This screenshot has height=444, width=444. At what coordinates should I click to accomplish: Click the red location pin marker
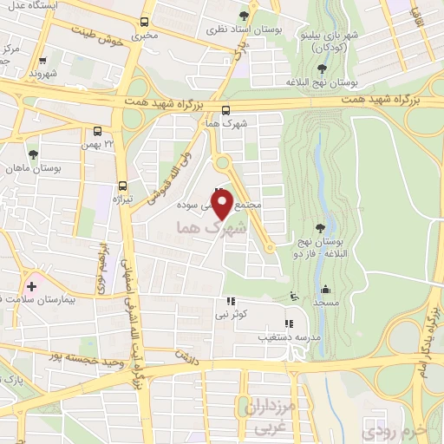point(223,205)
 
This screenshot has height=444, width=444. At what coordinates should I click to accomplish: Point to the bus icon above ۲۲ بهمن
point(96,132)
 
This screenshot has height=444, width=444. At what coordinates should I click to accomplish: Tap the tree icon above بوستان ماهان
point(33,153)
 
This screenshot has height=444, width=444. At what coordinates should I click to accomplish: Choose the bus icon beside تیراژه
point(121,186)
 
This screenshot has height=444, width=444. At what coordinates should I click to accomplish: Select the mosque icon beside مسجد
point(326,290)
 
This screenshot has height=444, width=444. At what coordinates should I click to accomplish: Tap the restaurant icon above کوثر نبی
point(230,302)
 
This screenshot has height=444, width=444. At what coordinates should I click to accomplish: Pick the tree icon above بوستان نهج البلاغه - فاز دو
point(323,226)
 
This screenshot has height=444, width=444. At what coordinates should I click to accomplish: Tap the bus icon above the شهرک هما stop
point(225,110)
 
